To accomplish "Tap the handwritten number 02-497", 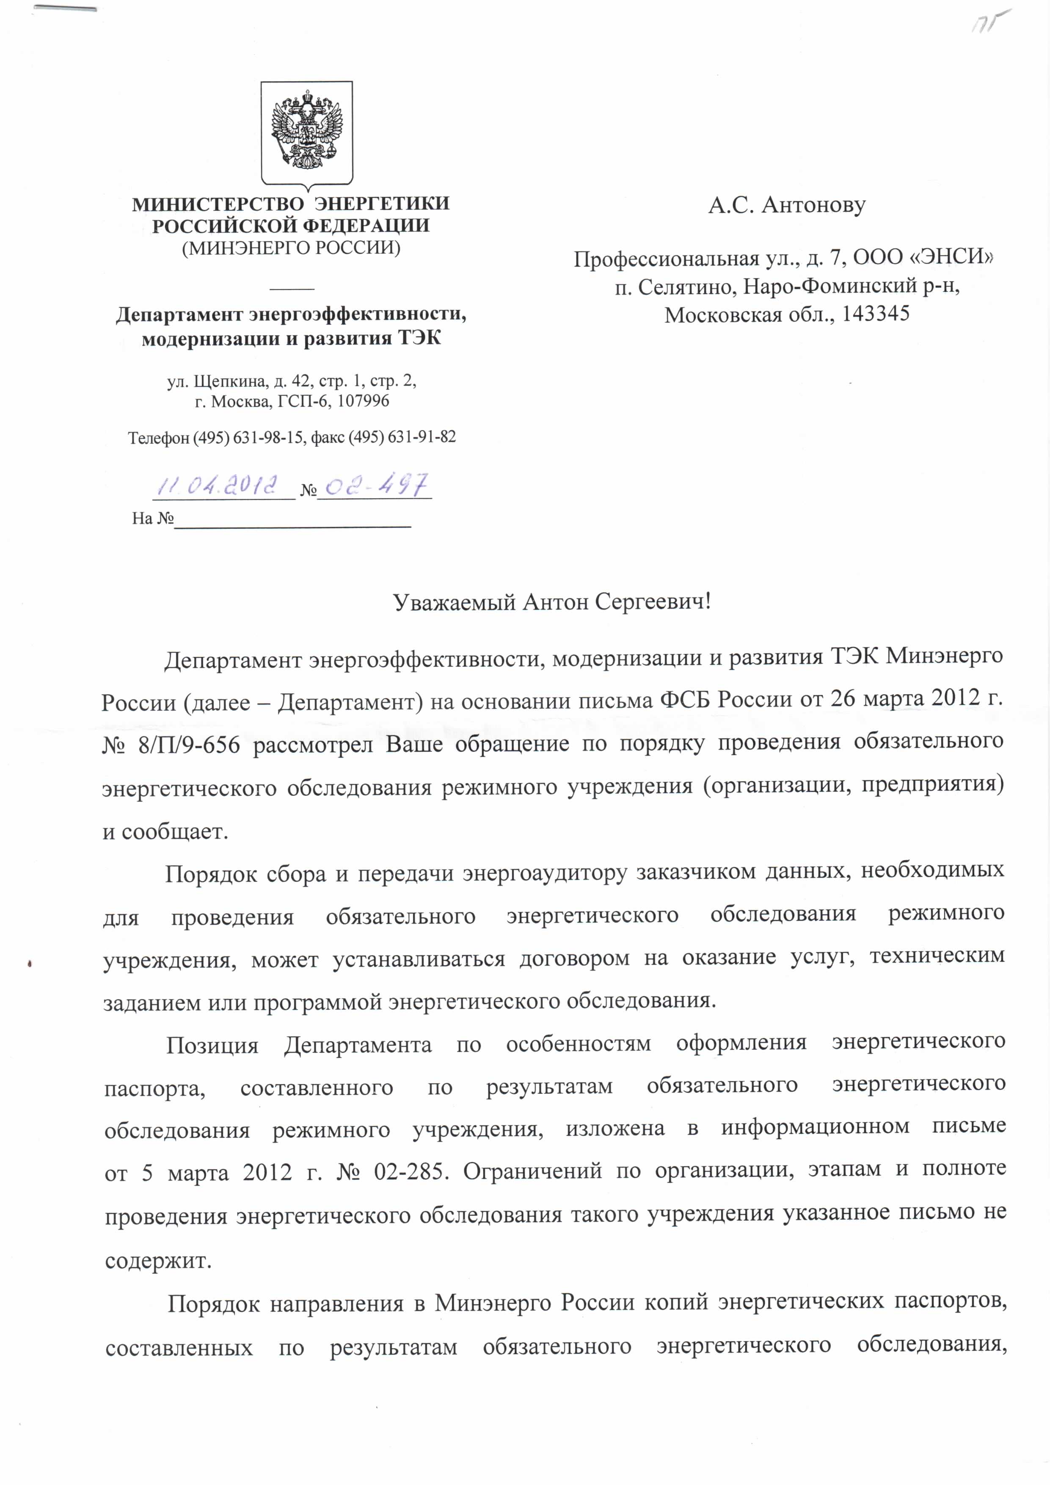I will point(375,485).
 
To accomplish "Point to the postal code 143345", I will point(876,315).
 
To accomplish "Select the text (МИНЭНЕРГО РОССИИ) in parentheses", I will point(291,248).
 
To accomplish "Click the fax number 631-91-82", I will point(423,437).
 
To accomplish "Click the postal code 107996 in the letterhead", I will point(364,401).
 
